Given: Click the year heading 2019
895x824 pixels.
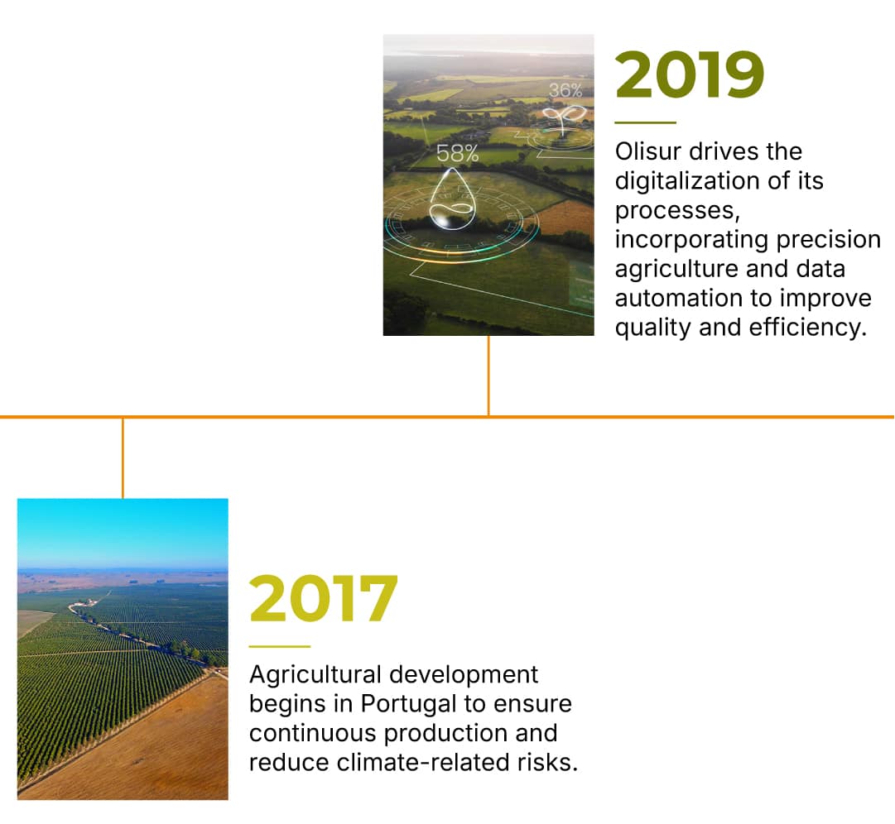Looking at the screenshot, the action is [690, 74].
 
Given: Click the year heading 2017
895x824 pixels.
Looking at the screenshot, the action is [323, 598].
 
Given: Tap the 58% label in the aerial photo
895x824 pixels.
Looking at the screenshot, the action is [457, 153].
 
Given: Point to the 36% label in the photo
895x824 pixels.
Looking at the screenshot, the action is [565, 90].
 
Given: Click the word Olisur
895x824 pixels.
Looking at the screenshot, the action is [647, 151].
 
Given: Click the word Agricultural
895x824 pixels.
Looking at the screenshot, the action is [315, 675].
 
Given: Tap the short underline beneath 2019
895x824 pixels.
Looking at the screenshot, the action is [646, 122].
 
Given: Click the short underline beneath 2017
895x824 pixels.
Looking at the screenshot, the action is [280, 646].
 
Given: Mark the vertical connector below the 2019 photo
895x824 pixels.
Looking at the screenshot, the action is [488, 376].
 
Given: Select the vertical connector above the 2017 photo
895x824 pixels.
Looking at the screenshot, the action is [123, 458].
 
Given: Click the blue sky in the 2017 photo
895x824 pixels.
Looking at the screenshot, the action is [123, 533].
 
